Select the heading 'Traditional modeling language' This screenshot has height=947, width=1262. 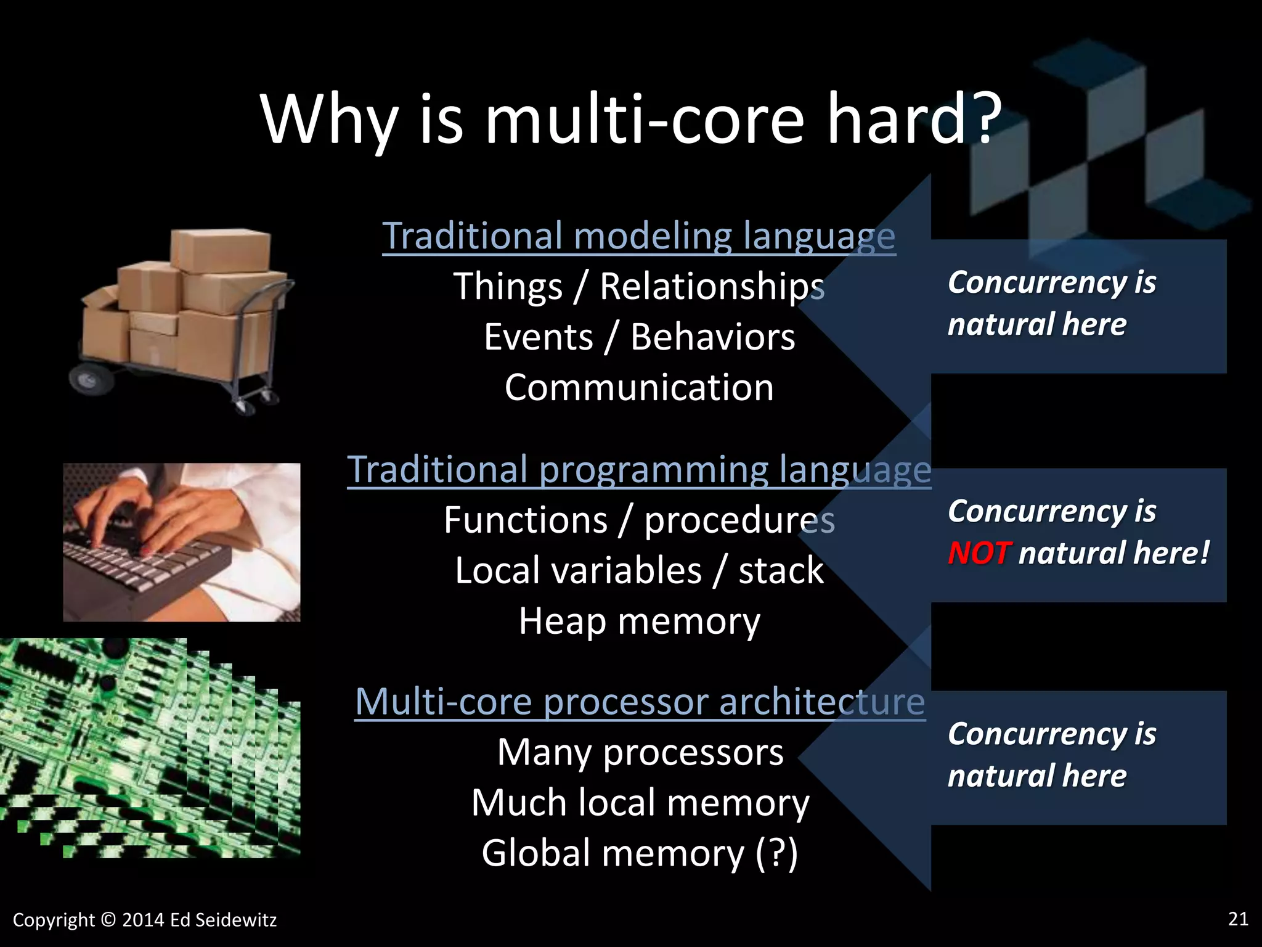[x=638, y=236]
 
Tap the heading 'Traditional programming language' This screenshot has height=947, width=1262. [x=638, y=470]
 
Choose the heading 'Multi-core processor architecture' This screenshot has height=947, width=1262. [x=640, y=702]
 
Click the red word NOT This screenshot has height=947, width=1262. [x=979, y=553]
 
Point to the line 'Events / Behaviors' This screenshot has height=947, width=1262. [x=639, y=337]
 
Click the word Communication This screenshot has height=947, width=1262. [x=639, y=388]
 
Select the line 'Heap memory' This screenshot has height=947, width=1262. [x=639, y=621]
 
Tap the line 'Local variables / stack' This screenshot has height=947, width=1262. [x=639, y=570]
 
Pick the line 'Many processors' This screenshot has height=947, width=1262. [x=640, y=753]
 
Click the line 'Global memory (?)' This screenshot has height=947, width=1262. [x=640, y=853]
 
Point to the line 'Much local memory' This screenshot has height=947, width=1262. [x=640, y=803]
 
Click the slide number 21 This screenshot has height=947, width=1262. [x=1238, y=919]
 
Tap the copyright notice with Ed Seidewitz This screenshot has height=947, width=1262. [x=145, y=920]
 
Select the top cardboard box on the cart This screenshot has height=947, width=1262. [x=220, y=250]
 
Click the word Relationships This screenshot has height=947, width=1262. [x=712, y=287]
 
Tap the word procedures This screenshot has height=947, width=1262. [x=739, y=520]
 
